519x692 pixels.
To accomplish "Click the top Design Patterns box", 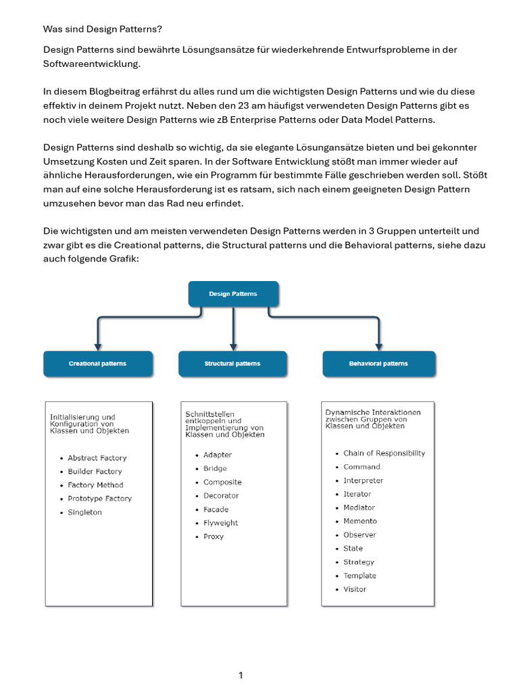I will (x=232, y=294).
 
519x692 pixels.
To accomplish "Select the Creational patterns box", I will (x=97, y=364).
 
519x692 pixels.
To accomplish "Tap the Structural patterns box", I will (x=232, y=364).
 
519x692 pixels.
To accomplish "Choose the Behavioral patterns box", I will (x=378, y=364).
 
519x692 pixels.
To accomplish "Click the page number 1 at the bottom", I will (x=241, y=675).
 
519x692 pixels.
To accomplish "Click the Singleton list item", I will (x=84, y=512).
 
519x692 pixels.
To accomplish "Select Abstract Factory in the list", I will (x=97, y=458).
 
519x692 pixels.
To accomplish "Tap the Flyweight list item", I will (x=220, y=523).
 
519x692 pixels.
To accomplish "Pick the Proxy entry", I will (x=213, y=537).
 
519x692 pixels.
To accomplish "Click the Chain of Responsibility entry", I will (x=384, y=453).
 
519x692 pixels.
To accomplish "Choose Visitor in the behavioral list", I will (x=355, y=589).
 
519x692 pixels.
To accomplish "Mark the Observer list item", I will (x=360, y=535).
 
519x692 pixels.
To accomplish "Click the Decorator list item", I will (x=221, y=495).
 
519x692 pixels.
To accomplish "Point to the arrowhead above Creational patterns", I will (x=98, y=346).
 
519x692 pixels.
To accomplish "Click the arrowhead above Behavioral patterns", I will (x=378, y=346).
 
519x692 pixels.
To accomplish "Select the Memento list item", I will (x=360, y=521).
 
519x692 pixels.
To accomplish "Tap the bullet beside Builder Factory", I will (x=61, y=472).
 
